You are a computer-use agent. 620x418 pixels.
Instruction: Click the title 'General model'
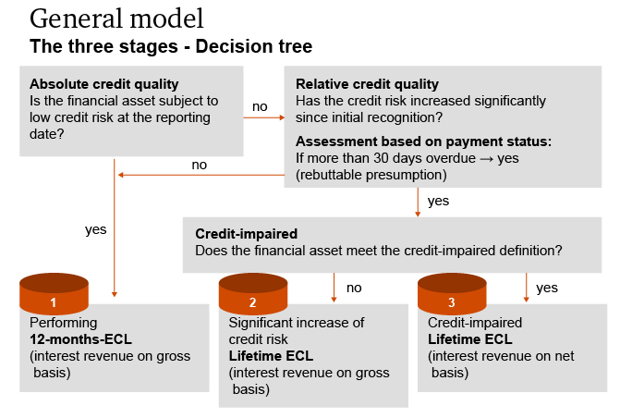tap(117, 18)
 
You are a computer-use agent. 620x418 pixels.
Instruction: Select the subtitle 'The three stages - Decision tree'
tap(171, 45)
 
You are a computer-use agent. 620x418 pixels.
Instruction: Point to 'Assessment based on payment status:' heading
tap(423, 141)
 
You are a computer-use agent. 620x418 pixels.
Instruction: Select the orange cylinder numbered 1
tap(55, 295)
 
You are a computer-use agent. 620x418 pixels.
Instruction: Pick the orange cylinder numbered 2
tap(252, 295)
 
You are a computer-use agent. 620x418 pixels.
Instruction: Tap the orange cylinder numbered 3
tap(451, 295)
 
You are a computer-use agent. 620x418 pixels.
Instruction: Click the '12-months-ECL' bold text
tap(80, 339)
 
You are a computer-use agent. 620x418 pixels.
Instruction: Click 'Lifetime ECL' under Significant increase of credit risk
tap(271, 356)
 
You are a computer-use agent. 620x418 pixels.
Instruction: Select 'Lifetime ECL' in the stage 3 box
tap(470, 339)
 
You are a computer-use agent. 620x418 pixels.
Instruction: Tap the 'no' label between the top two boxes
tap(260, 106)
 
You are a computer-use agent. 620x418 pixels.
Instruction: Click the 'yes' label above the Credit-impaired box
tap(439, 200)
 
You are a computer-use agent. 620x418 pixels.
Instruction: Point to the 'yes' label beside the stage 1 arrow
tap(96, 229)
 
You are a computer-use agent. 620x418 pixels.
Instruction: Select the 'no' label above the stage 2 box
tap(354, 288)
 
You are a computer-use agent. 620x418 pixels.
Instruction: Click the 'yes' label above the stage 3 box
tap(547, 288)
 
